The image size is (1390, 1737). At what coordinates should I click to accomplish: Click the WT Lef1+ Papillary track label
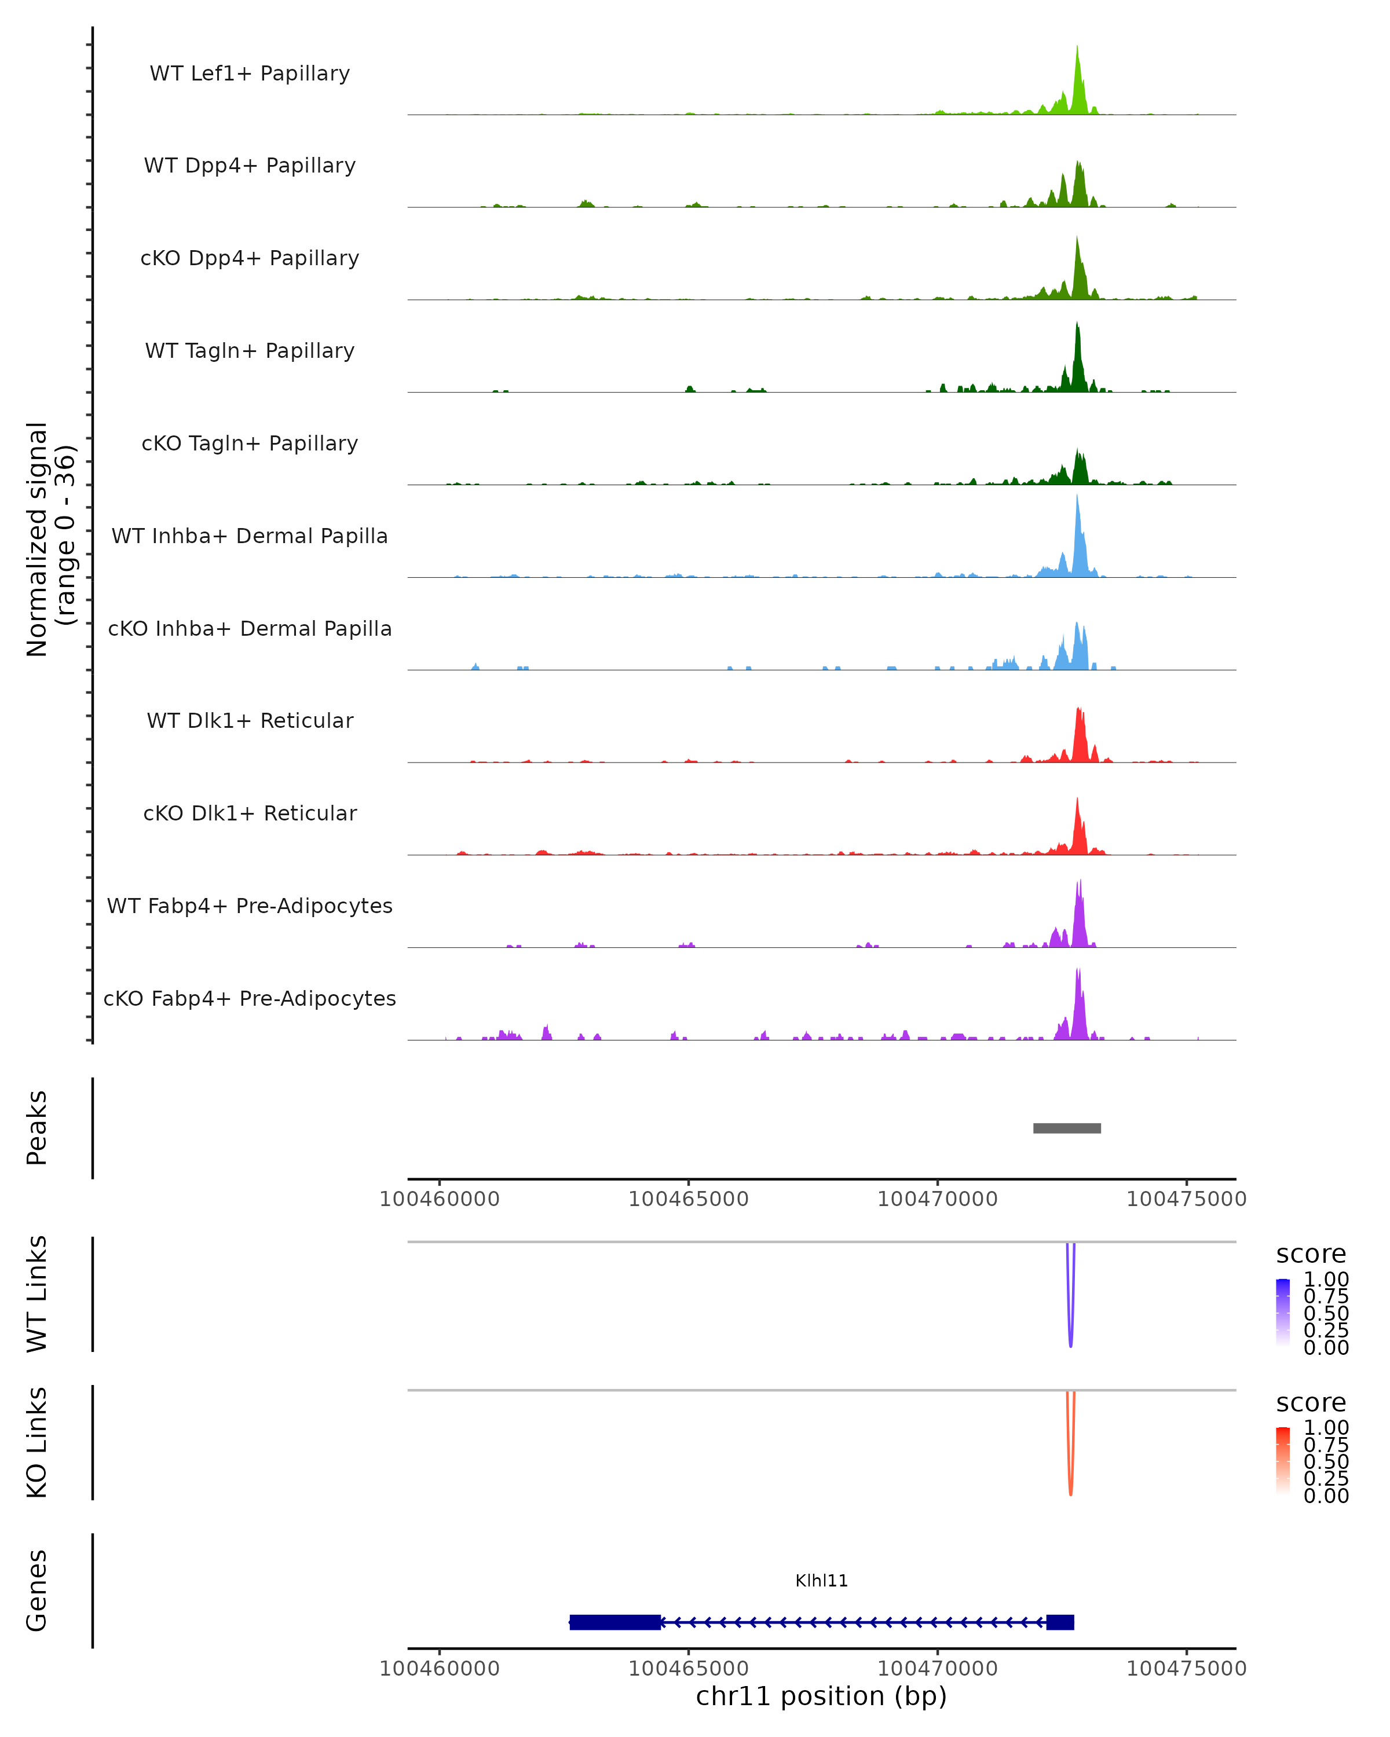coord(250,74)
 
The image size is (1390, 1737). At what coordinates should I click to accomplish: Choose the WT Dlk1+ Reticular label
coord(250,720)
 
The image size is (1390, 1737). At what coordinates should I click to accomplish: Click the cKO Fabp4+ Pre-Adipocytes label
coord(250,998)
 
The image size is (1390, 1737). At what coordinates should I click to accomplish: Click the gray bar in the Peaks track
coord(1067,1128)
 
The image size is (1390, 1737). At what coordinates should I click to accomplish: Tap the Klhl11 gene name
coord(821,1581)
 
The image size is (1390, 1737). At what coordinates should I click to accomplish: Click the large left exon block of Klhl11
coord(615,1622)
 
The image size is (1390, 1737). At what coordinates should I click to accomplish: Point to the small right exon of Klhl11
coord(1060,1622)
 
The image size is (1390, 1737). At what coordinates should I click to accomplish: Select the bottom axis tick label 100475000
coord(1186,1669)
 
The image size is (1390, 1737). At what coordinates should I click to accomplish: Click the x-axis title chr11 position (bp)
coord(821,1696)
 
